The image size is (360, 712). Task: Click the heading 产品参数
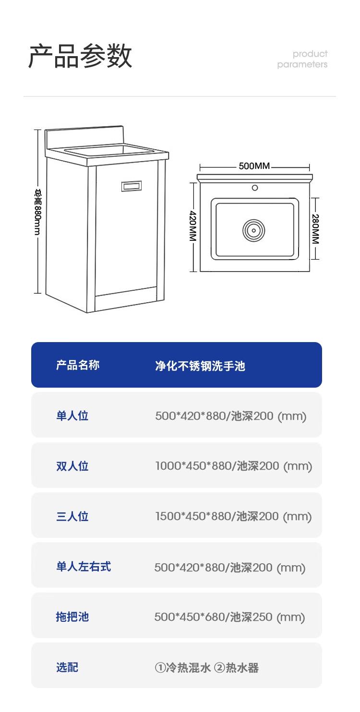point(80,57)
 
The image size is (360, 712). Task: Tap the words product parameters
point(302,59)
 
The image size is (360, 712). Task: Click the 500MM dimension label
point(254,166)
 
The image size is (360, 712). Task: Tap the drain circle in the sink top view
point(254,230)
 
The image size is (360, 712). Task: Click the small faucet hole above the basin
point(255,188)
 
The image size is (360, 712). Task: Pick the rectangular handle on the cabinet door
point(131,185)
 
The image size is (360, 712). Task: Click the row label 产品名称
point(78,365)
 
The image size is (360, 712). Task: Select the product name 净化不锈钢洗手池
point(200,366)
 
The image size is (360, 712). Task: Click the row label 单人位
point(72,415)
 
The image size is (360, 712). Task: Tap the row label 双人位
point(72,466)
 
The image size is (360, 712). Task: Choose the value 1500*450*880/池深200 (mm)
point(233,516)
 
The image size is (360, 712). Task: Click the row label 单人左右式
point(84,567)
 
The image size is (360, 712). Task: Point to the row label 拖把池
point(72,617)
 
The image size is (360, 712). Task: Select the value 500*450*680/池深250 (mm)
point(229,617)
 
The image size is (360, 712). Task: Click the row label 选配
point(67,667)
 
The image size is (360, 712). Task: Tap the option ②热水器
point(236,667)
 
